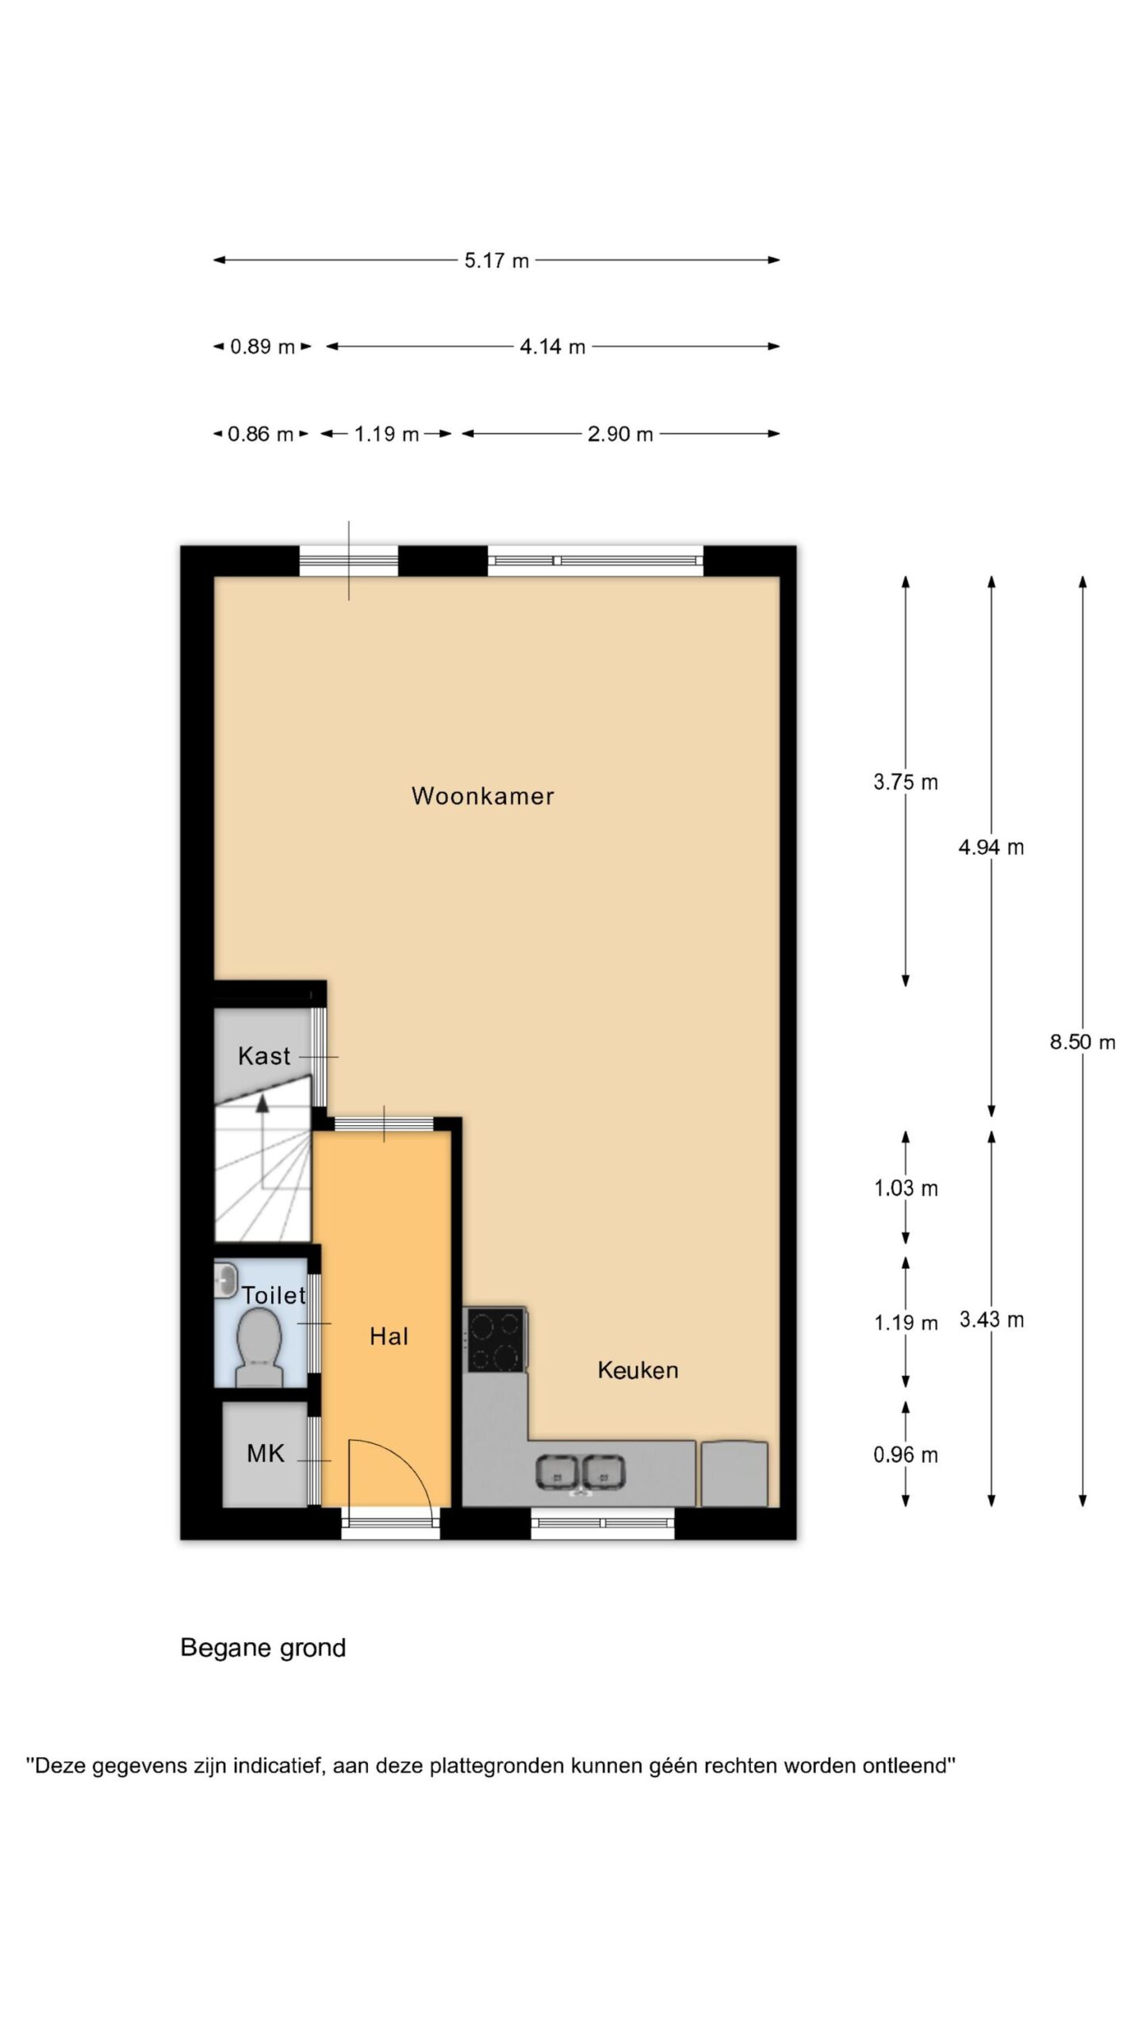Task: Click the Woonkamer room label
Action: pyautogui.click(x=482, y=795)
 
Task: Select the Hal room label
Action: pyautogui.click(x=389, y=1336)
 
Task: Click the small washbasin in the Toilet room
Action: pyautogui.click(x=226, y=1281)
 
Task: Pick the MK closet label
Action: pyautogui.click(x=266, y=1453)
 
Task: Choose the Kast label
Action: pyautogui.click(x=264, y=1055)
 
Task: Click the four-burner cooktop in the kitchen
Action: pyautogui.click(x=496, y=1340)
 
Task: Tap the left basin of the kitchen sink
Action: pyautogui.click(x=558, y=1471)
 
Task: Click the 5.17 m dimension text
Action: pyautogui.click(x=496, y=260)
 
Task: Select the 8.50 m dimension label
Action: pyautogui.click(x=1083, y=1042)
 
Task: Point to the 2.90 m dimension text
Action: pyautogui.click(x=620, y=434)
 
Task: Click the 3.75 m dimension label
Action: pyautogui.click(x=906, y=782)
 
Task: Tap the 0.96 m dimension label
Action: pyautogui.click(x=906, y=1454)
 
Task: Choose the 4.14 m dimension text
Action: pyautogui.click(x=553, y=347)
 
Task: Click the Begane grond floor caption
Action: pyautogui.click(x=263, y=1648)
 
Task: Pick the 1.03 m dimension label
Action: pyautogui.click(x=906, y=1188)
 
